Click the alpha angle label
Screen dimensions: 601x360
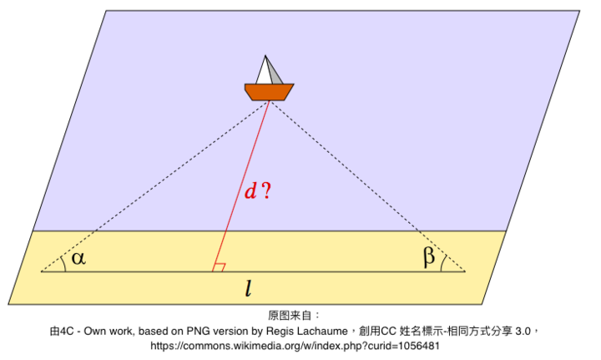(78, 258)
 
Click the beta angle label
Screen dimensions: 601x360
(429, 256)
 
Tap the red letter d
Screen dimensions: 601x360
(250, 190)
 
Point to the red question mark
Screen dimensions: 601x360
(266, 190)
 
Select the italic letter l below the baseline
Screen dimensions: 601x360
(249, 288)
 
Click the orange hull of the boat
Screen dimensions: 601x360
(269, 92)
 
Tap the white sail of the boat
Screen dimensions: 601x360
(264, 70)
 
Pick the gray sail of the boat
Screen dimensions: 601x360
(275, 72)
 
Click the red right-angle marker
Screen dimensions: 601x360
(219, 267)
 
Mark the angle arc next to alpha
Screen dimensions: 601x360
(63, 263)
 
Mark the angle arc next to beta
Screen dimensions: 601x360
(443, 263)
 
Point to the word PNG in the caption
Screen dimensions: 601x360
(196, 331)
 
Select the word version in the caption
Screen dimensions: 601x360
(225, 331)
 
